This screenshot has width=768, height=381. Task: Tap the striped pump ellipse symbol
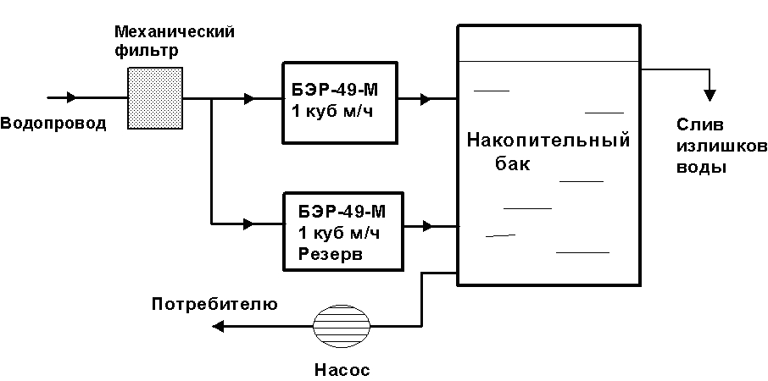(x=341, y=327)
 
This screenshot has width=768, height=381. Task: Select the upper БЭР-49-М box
(x=339, y=101)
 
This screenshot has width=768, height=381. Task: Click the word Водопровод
(x=53, y=124)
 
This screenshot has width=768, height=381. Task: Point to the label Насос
(x=342, y=369)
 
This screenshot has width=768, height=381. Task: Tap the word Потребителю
(x=214, y=303)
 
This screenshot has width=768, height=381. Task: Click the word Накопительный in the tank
(x=548, y=140)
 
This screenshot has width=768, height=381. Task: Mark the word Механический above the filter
(x=174, y=31)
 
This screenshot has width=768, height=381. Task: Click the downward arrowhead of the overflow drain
(x=710, y=91)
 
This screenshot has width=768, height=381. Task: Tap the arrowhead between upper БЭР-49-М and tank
(x=425, y=99)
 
